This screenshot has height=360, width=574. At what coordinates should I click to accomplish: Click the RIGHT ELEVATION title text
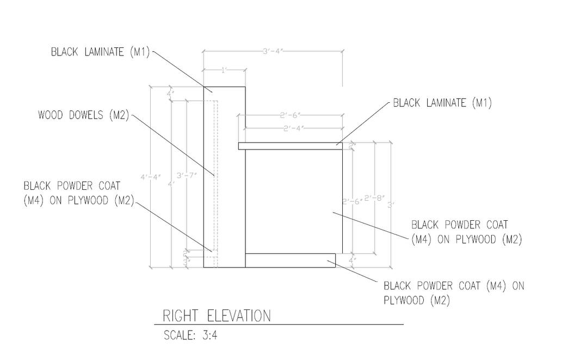click(217, 315)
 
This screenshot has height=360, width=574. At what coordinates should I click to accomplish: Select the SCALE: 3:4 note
click(190, 335)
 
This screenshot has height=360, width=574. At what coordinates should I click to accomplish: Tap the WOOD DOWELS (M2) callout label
click(83, 115)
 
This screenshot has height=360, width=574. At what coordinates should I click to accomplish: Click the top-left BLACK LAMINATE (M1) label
click(100, 52)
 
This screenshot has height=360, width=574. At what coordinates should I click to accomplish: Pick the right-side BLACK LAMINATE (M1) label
click(442, 103)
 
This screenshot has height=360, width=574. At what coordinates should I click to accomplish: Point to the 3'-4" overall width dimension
click(273, 51)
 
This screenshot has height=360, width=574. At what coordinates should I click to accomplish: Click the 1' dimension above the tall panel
click(224, 70)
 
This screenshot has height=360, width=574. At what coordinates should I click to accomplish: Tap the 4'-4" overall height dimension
click(150, 177)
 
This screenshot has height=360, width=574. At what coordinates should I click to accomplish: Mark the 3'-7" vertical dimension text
click(187, 175)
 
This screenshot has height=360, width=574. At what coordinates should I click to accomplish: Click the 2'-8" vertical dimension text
click(374, 198)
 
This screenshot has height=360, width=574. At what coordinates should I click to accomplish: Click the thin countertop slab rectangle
click(290, 146)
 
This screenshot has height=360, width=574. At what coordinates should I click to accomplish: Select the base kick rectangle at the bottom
click(290, 260)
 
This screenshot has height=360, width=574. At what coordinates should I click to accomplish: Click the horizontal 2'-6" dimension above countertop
click(291, 115)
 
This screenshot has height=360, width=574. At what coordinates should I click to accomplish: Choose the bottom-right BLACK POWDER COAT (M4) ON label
click(454, 285)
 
